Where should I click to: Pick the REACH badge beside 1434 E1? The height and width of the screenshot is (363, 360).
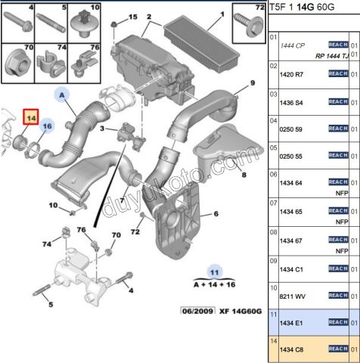[x=337, y=322]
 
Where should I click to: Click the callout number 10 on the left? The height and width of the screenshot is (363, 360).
[x=53, y=205]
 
